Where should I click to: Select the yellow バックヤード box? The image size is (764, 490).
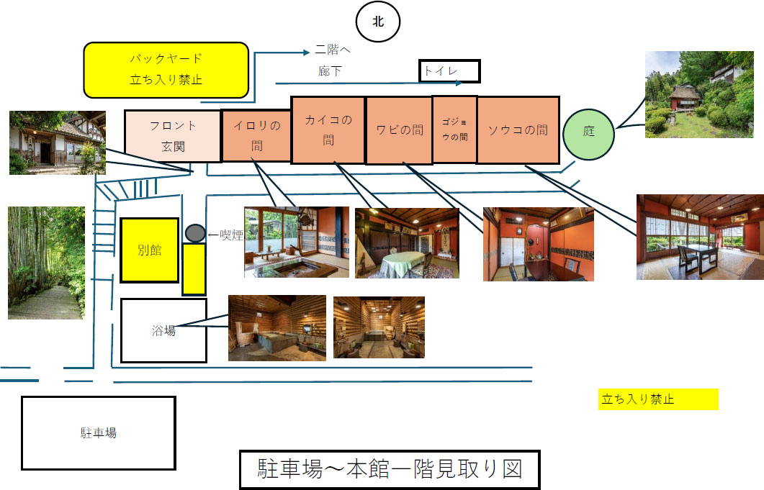(x=166, y=70)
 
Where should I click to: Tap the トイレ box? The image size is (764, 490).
(x=449, y=71)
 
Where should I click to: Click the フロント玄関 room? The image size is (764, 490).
(x=173, y=132)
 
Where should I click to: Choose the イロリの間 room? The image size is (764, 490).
(x=256, y=135)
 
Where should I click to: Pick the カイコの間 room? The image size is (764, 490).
(x=328, y=130)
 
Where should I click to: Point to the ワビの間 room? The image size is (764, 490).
(x=399, y=130)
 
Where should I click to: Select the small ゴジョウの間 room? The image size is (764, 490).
(x=454, y=130)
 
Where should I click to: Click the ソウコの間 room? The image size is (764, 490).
(x=518, y=130)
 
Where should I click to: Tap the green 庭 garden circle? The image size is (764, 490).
(x=589, y=132)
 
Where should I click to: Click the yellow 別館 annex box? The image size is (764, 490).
(x=149, y=250)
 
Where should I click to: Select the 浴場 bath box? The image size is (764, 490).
(x=163, y=330)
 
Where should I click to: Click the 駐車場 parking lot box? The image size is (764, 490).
(x=98, y=432)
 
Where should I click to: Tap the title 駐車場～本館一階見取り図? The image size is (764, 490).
(x=389, y=470)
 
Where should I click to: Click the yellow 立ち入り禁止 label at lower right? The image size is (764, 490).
(x=657, y=399)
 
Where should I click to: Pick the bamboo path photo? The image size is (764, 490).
(x=46, y=263)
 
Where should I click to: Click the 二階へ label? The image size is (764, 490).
(x=333, y=51)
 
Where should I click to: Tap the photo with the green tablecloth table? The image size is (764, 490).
(x=407, y=243)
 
